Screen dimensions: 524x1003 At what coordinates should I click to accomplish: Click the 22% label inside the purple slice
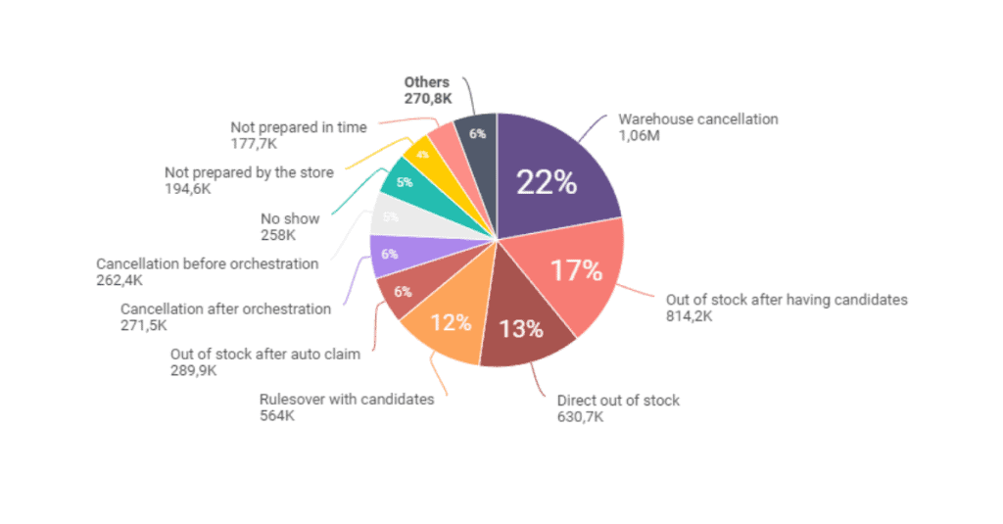[547, 183]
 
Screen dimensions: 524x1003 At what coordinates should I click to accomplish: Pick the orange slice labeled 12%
[452, 321]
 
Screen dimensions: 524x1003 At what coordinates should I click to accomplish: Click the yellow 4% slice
[421, 156]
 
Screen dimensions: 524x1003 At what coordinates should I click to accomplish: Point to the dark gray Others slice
[477, 134]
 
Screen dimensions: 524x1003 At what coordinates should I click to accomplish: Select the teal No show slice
[403, 181]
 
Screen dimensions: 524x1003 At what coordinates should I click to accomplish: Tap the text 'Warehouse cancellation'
[697, 119]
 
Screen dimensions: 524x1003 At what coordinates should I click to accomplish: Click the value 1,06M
[639, 135]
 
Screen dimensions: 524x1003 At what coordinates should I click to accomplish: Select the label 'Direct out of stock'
[618, 400]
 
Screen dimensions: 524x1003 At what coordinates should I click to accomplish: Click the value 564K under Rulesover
[277, 416]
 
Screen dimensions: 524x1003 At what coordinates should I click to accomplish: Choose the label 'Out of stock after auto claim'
[264, 355]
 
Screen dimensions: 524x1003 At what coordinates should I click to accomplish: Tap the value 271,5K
[145, 325]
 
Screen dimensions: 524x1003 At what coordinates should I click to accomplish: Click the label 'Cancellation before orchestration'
[207, 263]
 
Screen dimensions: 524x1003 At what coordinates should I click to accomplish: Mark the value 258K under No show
[278, 235]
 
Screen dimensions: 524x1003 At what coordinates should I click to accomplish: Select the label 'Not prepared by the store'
[249, 172]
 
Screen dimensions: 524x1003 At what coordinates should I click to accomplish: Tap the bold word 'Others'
[426, 82]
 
